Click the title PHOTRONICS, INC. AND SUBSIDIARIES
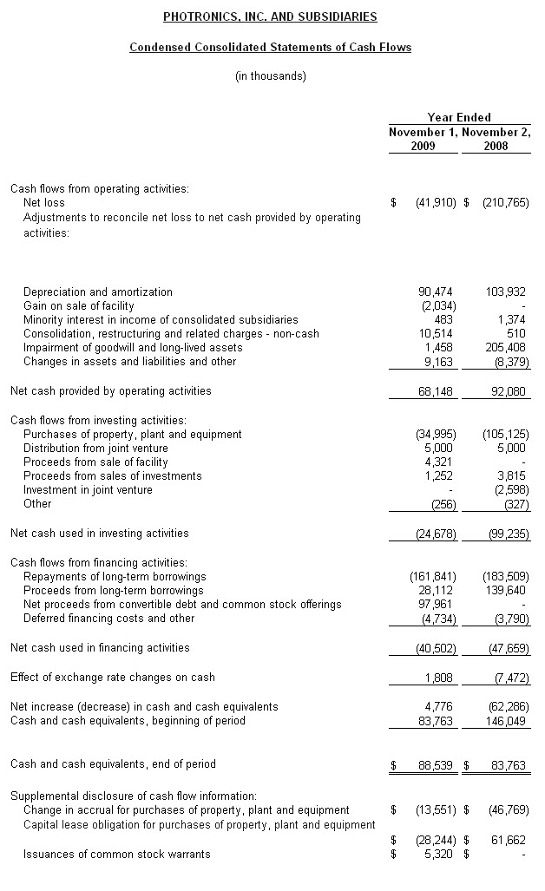(x=270, y=17)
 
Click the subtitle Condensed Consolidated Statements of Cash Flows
(x=270, y=47)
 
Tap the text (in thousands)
(x=271, y=76)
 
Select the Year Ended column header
(x=459, y=117)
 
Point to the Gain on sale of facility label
(x=79, y=305)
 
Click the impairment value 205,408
(x=506, y=347)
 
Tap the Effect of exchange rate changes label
(x=112, y=677)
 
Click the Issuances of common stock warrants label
(x=116, y=854)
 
